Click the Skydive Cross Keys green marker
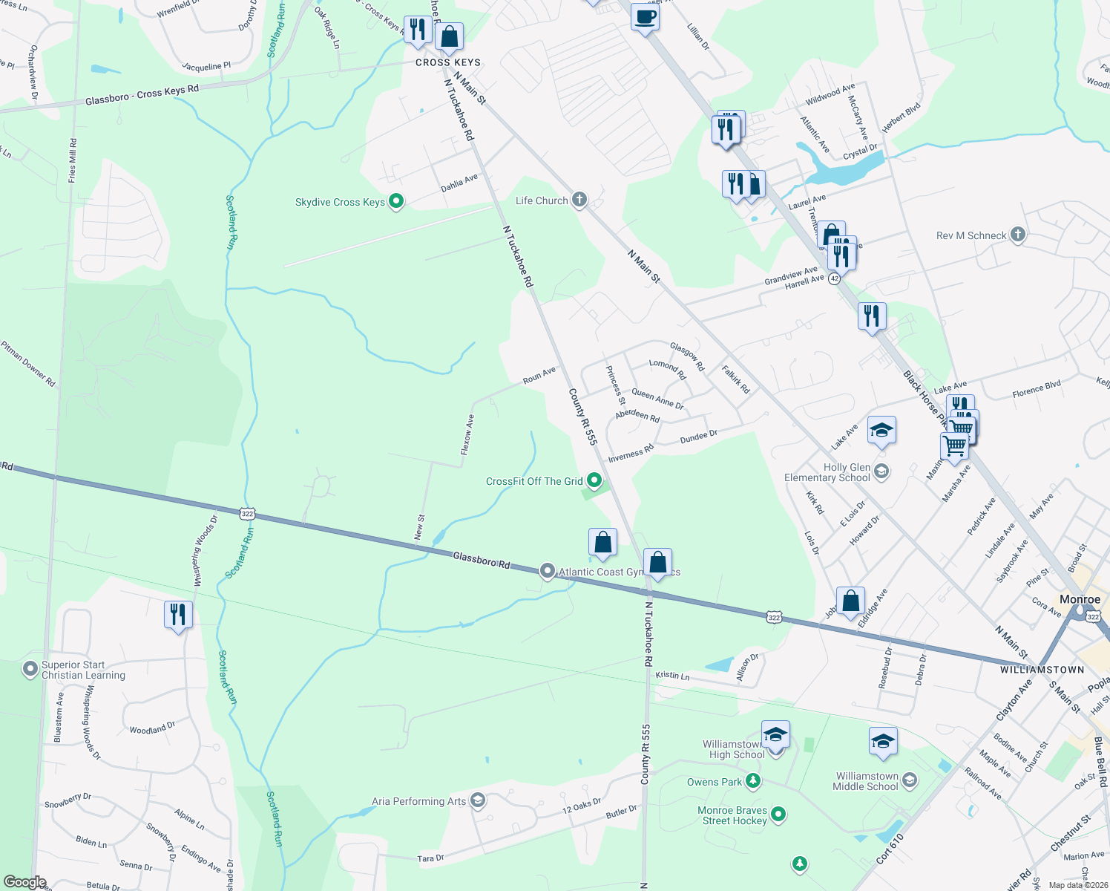tap(396, 200)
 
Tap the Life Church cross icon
tap(579, 199)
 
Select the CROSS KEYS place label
tap(448, 62)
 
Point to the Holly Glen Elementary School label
tap(827, 472)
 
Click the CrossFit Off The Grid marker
tap(594, 480)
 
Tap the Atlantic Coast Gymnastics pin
tap(548, 570)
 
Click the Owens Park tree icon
tap(753, 780)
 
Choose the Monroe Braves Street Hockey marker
tap(778, 814)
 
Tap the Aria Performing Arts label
tap(419, 801)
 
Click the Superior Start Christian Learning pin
tap(30, 669)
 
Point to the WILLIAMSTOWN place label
tap(1042, 670)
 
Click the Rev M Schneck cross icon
tap(1018, 235)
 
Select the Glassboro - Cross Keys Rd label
tap(142, 95)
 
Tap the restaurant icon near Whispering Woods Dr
tap(178, 615)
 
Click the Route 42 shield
tap(835, 278)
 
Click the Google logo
tap(24, 882)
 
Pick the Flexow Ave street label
tap(467, 434)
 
